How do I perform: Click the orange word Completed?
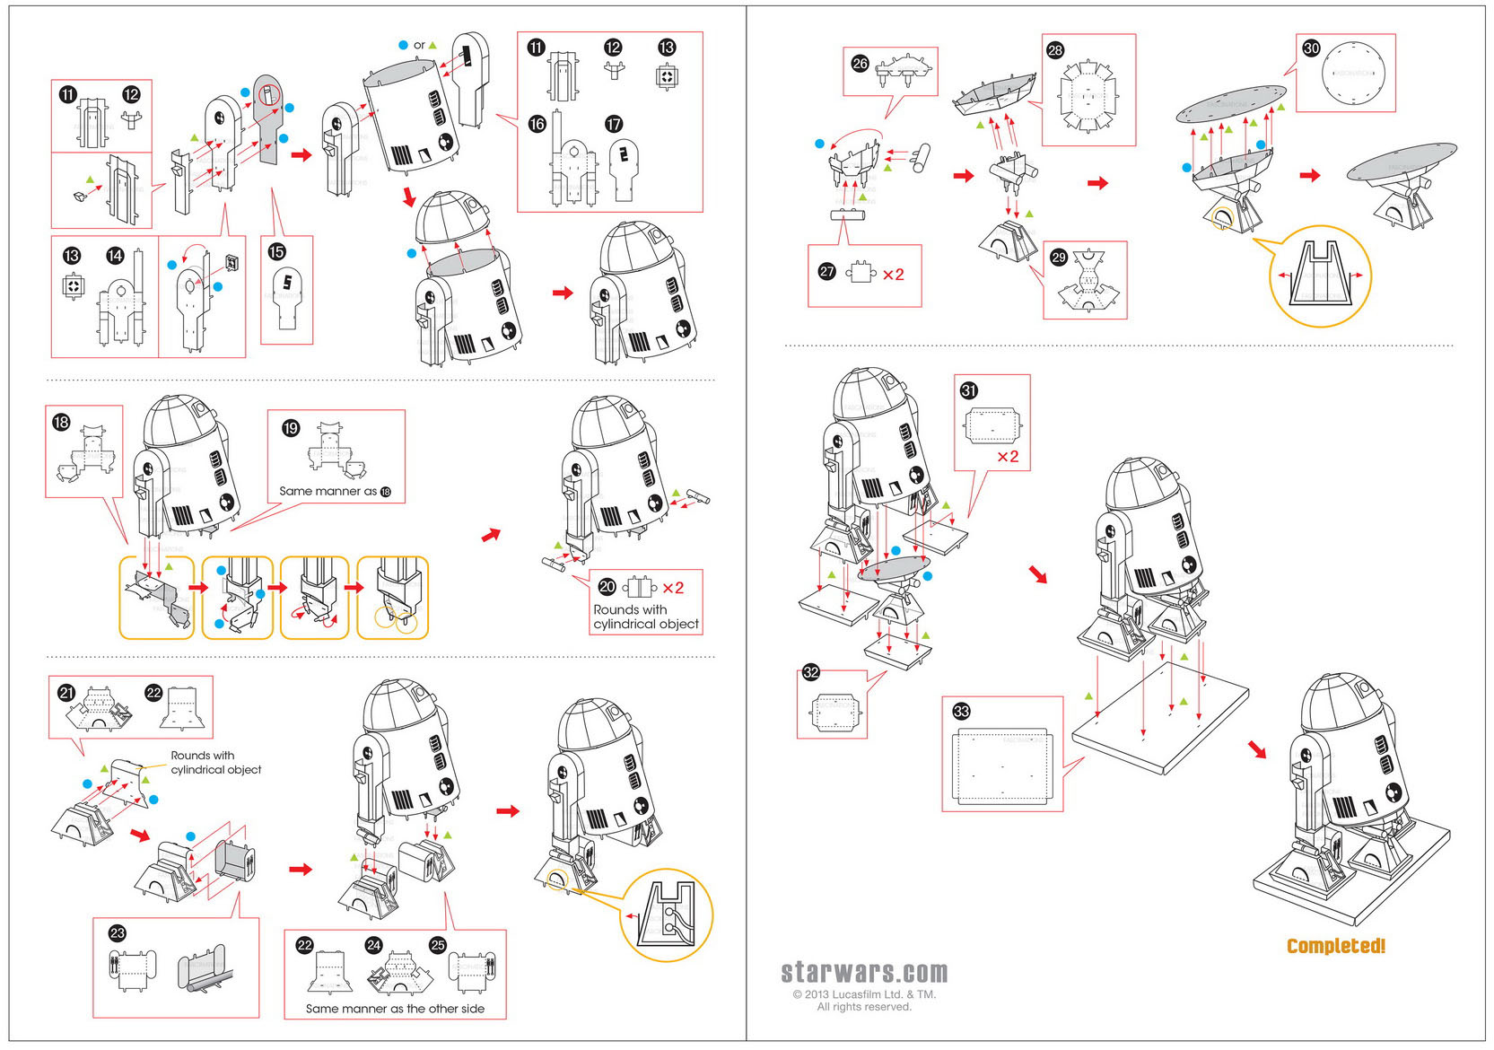pyautogui.click(x=1335, y=946)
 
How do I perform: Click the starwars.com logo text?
pyautogui.click(x=863, y=972)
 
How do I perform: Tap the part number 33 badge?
pyautogui.click(x=961, y=712)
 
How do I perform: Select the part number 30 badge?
pyautogui.click(x=1311, y=48)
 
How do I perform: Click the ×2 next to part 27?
pyautogui.click(x=893, y=275)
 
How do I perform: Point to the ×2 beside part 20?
pyautogui.click(x=673, y=588)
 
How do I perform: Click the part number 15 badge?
pyautogui.click(x=276, y=252)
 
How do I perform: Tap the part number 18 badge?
pyautogui.click(x=61, y=422)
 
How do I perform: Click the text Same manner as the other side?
pyautogui.click(x=395, y=1009)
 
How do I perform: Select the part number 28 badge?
pyautogui.click(x=1055, y=50)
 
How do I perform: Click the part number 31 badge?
pyautogui.click(x=968, y=390)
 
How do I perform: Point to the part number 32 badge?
pyautogui.click(x=811, y=672)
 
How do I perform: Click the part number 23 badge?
pyautogui.click(x=117, y=933)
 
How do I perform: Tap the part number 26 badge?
pyautogui.click(x=860, y=64)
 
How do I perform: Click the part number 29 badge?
pyautogui.click(x=1059, y=258)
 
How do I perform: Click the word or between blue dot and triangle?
pyautogui.click(x=419, y=45)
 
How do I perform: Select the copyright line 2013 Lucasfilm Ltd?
pyautogui.click(x=863, y=994)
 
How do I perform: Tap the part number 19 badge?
pyautogui.click(x=290, y=428)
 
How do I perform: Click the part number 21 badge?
pyautogui.click(x=66, y=693)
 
